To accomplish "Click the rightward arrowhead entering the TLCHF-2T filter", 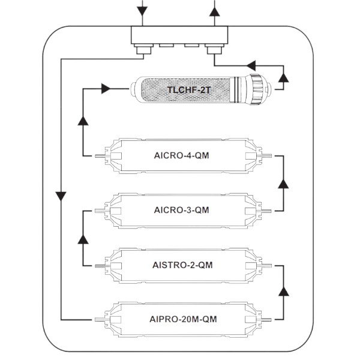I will (107, 89).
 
